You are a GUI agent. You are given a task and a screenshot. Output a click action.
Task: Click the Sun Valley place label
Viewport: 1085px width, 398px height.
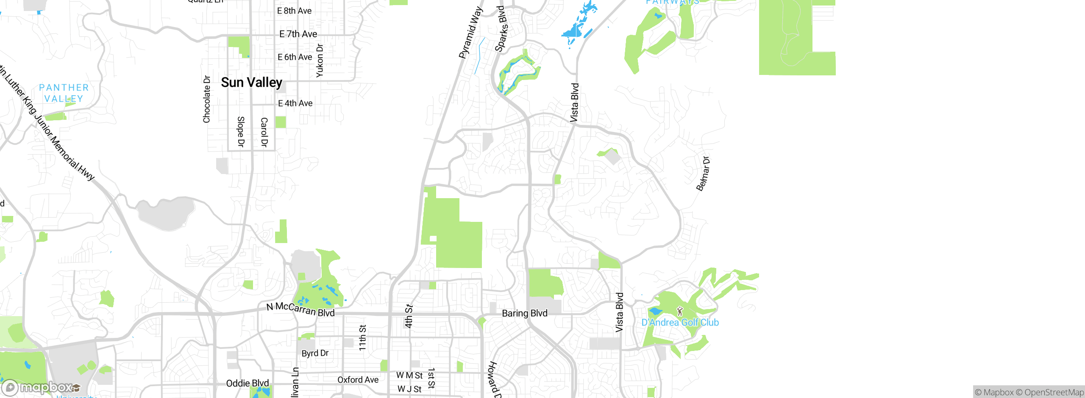point(251,83)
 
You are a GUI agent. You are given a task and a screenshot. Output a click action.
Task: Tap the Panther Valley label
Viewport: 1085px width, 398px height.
point(64,93)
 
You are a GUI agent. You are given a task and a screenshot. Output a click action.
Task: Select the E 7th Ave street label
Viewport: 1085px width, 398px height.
point(298,34)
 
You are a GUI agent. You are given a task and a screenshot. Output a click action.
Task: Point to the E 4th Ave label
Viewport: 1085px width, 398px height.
point(295,103)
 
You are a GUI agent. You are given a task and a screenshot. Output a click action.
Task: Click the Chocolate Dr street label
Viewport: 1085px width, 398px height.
point(207,99)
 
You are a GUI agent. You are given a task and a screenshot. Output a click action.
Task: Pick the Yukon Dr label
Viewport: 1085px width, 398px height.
point(320,61)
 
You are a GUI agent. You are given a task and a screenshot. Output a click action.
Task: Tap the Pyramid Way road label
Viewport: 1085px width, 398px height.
point(470,33)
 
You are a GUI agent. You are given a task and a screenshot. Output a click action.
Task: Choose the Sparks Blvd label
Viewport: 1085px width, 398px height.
point(501,29)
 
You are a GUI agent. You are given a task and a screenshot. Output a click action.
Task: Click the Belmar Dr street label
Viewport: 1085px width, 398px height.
point(703,174)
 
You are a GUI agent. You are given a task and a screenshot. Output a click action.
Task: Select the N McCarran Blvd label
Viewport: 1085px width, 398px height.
point(300,310)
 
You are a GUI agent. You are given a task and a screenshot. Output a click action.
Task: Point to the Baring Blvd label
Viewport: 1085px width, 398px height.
point(525,313)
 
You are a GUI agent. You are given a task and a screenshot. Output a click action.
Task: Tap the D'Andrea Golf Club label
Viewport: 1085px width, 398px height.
point(680,323)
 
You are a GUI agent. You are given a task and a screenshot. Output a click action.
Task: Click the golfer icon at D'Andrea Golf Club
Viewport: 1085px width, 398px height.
point(680,312)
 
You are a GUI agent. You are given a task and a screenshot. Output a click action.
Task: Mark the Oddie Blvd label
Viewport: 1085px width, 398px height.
point(248,384)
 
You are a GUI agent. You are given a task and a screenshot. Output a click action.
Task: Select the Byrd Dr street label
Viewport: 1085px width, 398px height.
point(315,353)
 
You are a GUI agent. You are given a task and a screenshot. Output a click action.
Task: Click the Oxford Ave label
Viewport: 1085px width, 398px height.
point(358,380)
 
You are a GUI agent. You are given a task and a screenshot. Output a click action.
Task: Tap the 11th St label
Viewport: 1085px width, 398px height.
point(363,337)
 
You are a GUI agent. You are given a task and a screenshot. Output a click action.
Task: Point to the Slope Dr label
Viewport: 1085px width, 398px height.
point(241,132)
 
